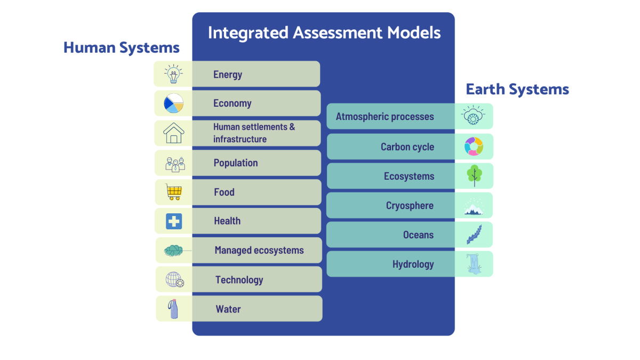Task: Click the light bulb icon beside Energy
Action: coord(173,74)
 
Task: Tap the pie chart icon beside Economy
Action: coord(174,103)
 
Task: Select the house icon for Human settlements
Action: coord(174,133)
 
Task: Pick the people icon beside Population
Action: coord(175,164)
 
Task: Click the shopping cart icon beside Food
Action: coord(174,191)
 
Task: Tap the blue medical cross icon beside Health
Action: coord(174,221)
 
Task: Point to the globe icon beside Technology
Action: coord(175,279)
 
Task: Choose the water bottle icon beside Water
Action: coord(173,309)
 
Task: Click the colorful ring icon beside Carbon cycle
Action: coord(474,146)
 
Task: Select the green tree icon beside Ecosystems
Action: coord(474,175)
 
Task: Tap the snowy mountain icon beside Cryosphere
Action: coord(474,207)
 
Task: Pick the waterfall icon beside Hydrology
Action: coord(474,264)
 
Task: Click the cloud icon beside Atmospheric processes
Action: coord(473,115)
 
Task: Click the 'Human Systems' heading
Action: coord(122,47)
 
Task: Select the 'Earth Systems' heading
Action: coord(517,90)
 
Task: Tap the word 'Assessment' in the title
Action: coord(338,33)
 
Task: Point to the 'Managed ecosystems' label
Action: coord(259,250)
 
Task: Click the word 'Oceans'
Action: coord(418,235)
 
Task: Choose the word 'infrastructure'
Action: coord(240,139)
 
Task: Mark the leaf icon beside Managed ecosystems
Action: coord(174,251)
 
